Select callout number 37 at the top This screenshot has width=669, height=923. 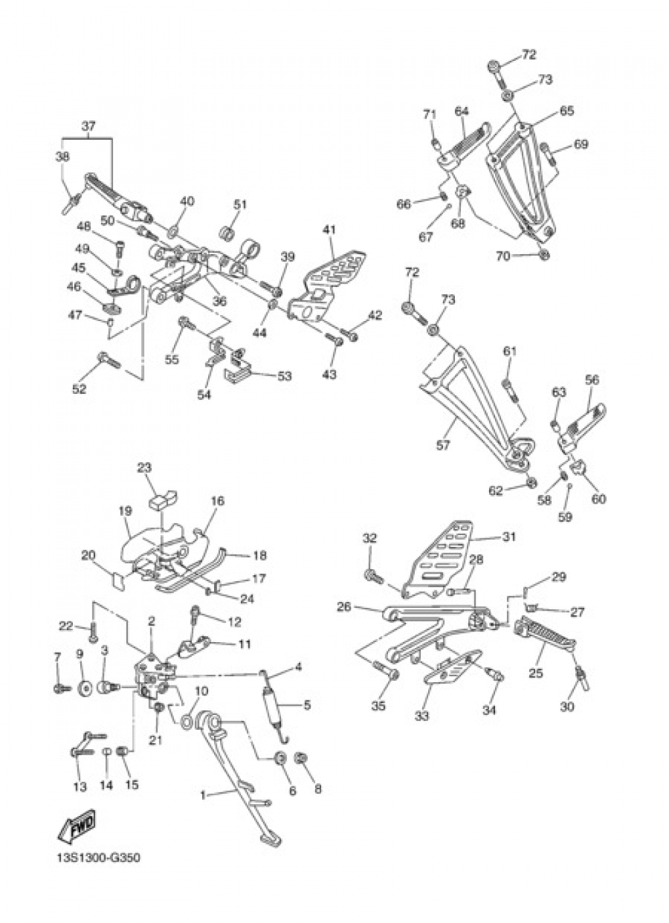coord(88,126)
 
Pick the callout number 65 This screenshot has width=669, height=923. coord(567,111)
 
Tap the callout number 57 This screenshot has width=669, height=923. coord(443,445)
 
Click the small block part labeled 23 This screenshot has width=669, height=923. coord(163,497)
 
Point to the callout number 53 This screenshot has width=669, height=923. coord(284,377)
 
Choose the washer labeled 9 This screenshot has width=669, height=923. coord(85,688)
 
